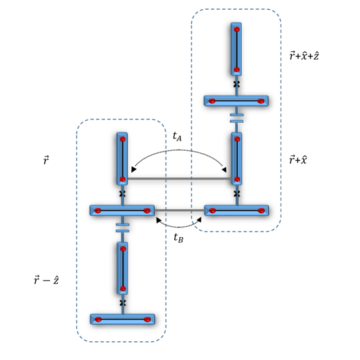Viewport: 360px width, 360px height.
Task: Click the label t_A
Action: pyautogui.click(x=177, y=136)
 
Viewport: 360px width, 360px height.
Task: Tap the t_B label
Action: pyautogui.click(x=179, y=238)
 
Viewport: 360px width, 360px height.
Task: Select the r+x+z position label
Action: pyautogui.click(x=304, y=56)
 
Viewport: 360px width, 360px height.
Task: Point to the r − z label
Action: pyautogui.click(x=46, y=280)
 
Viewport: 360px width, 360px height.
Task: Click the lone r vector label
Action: pyautogui.click(x=46, y=160)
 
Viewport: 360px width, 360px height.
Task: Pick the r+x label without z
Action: pyautogui.click(x=298, y=160)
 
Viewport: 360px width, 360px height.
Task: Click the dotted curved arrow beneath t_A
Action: pyautogui.click(x=179, y=150)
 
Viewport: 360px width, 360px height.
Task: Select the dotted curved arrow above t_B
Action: pyautogui.click(x=179, y=227)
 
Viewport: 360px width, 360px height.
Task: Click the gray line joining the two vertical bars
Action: pyautogui.click(x=179, y=179)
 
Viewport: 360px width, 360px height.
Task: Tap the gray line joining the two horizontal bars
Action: pyautogui.click(x=179, y=210)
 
